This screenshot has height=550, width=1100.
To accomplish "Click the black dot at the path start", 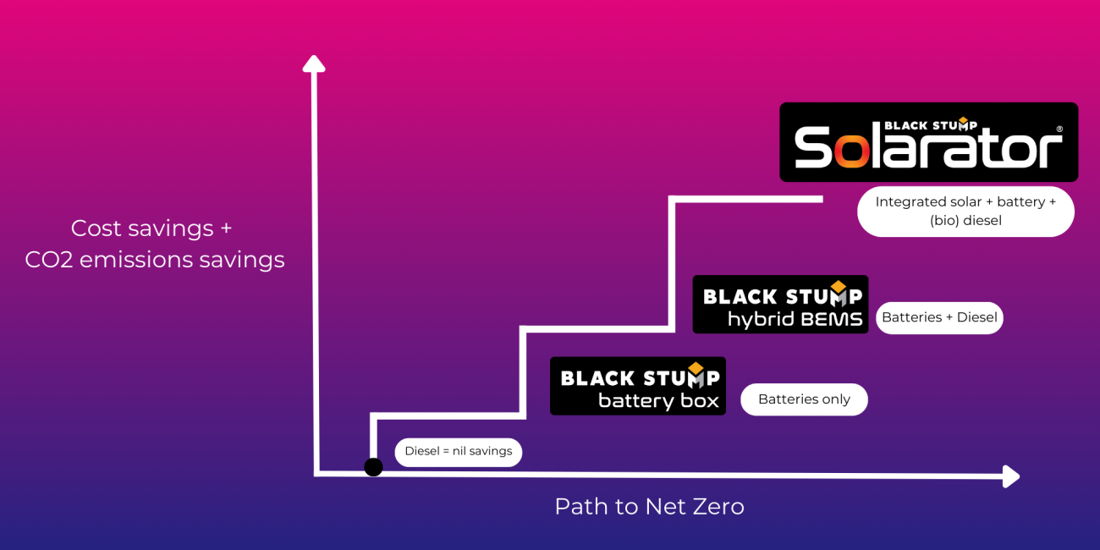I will point(373,467).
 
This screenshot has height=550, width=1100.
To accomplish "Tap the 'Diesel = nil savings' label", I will point(458,452).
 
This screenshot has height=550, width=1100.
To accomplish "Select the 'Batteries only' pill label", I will point(804,399).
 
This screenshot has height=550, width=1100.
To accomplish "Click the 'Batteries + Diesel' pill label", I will point(939,317).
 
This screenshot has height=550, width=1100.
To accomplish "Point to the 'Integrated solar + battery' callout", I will point(965,212).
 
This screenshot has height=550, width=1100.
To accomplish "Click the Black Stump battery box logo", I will point(638,386).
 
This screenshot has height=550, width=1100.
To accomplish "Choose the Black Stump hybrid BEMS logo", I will point(780,305).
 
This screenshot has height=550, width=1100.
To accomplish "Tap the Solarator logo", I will point(928,142).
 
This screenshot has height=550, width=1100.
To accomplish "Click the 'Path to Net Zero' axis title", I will point(649,506).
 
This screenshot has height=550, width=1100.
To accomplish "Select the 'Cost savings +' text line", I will point(151,228).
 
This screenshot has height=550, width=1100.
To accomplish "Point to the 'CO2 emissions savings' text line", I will point(155,260).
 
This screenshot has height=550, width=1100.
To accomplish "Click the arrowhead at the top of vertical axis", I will point(314,63).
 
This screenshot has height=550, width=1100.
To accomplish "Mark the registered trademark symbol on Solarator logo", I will point(1059,129).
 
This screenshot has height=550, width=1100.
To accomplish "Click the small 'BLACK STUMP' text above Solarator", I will point(930,125).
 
